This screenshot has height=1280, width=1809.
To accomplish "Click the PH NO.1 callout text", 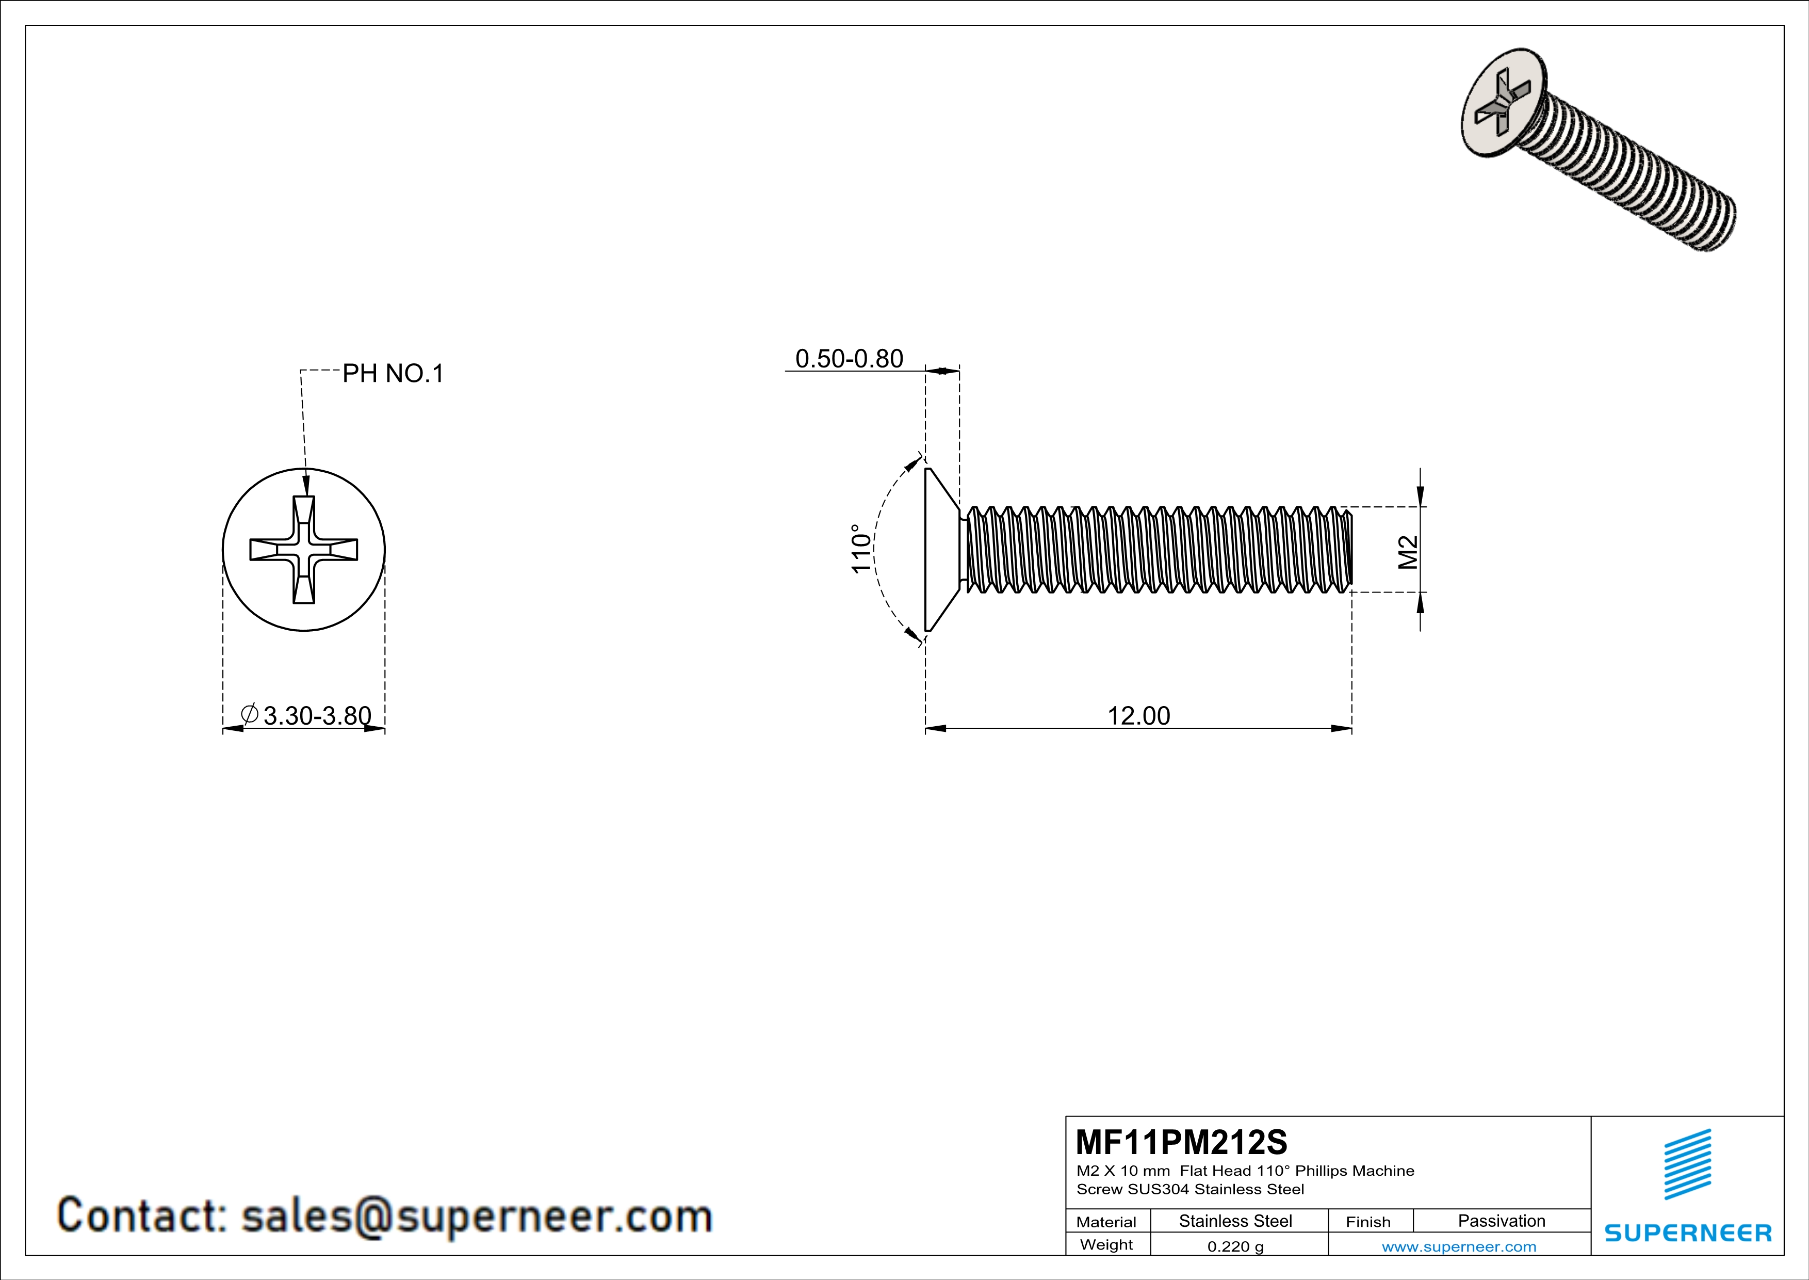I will tap(393, 374).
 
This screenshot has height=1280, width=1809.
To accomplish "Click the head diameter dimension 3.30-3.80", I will tap(317, 716).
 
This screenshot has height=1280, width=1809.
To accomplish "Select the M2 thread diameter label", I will tap(1408, 552).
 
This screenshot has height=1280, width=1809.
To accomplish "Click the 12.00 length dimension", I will tap(1138, 716).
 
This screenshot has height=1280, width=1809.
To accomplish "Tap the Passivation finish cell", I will tap(1501, 1221).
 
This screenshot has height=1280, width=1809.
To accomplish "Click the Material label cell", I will tap(1106, 1222).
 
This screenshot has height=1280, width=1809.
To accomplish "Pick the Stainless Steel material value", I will tap(1235, 1221).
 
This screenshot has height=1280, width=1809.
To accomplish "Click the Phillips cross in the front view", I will tap(304, 549).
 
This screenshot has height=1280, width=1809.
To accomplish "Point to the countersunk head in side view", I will tap(941, 549).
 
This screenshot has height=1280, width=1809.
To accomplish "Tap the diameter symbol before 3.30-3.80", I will tap(250, 714).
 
